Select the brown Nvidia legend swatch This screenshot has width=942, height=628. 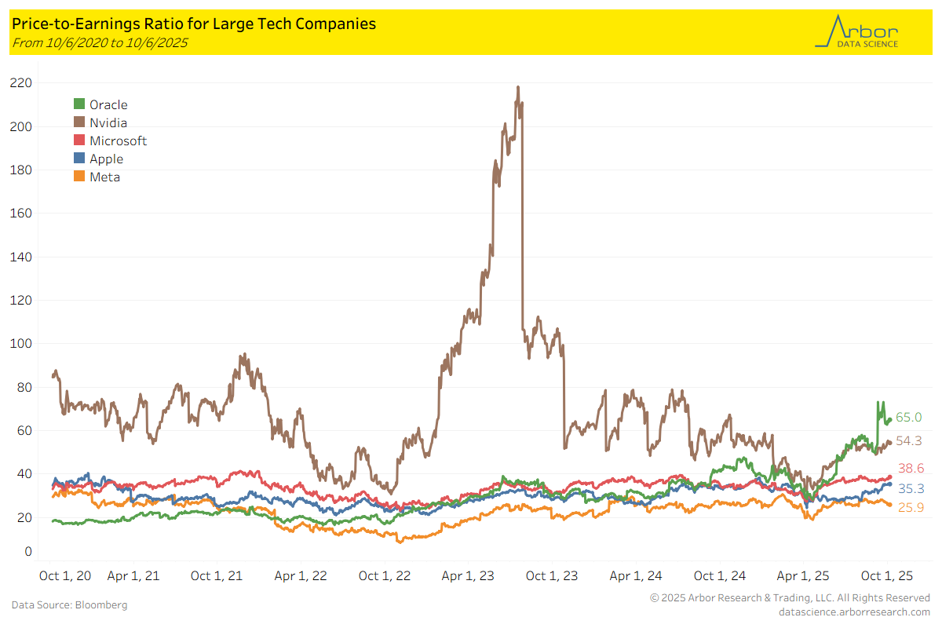click(79, 122)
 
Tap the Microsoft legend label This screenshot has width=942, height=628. click(118, 141)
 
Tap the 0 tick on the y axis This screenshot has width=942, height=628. click(27, 551)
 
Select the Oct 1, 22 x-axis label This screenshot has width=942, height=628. click(385, 575)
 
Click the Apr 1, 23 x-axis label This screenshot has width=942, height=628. click(469, 575)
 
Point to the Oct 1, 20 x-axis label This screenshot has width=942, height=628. click(65, 575)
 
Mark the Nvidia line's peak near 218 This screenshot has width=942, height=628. click(518, 87)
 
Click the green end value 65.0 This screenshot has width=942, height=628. click(909, 418)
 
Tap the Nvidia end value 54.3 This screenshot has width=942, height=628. click(909, 440)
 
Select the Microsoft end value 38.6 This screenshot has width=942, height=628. click(911, 468)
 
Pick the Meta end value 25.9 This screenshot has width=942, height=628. click(911, 508)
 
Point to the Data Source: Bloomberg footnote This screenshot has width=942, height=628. click(69, 605)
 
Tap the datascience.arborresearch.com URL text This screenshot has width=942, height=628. click(854, 612)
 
